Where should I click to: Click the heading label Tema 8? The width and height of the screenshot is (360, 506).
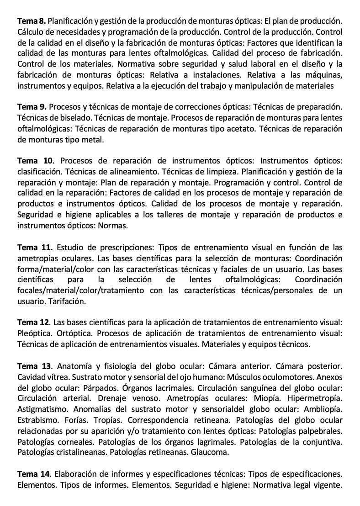click(31, 21)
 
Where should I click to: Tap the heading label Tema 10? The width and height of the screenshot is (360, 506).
click(35, 161)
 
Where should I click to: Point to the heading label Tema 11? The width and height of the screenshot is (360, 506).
click(35, 248)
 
